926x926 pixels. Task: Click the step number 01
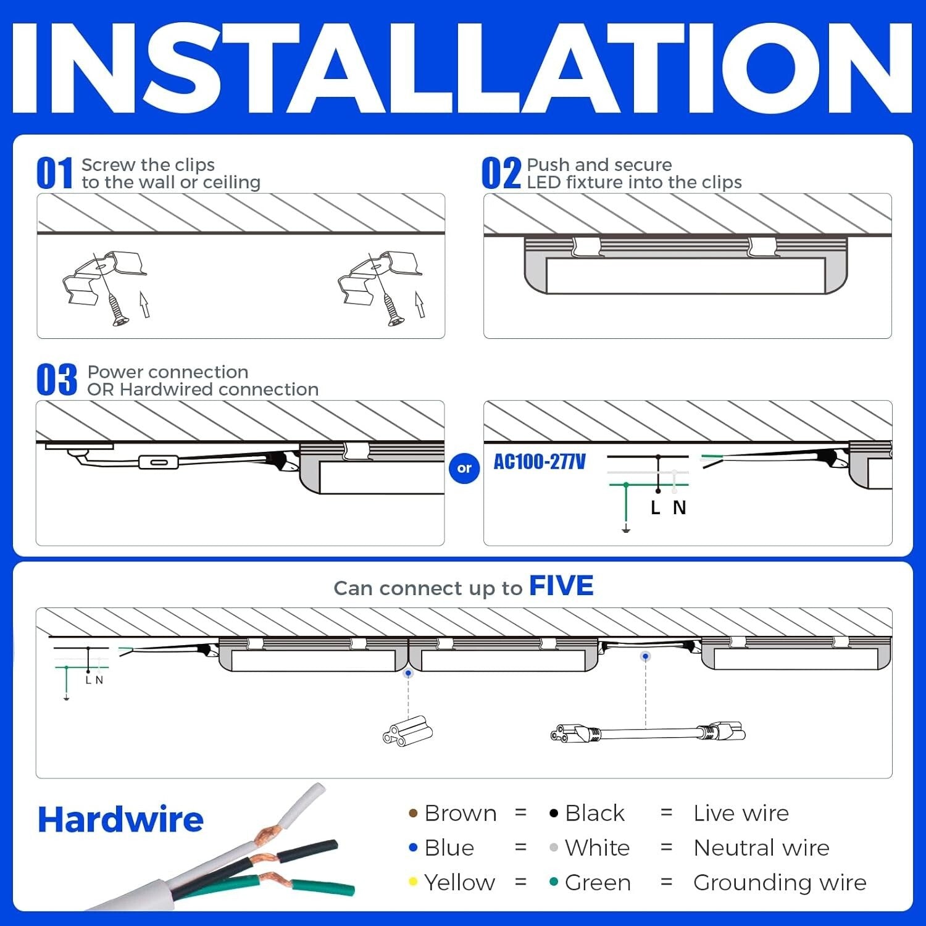click(54, 173)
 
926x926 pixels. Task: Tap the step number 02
click(501, 173)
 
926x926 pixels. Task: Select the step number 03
click(56, 380)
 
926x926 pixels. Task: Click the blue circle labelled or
click(464, 468)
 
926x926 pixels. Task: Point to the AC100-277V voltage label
click(539, 462)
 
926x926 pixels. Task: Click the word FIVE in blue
click(561, 586)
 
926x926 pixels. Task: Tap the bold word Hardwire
click(120, 820)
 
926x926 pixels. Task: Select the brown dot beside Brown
click(413, 814)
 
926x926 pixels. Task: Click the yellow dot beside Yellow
click(413, 882)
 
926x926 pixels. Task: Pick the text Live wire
click(741, 814)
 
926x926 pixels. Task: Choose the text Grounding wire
click(779, 883)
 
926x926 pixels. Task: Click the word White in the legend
click(597, 848)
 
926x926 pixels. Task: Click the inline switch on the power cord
click(159, 462)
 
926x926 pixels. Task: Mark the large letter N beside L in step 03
click(679, 508)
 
